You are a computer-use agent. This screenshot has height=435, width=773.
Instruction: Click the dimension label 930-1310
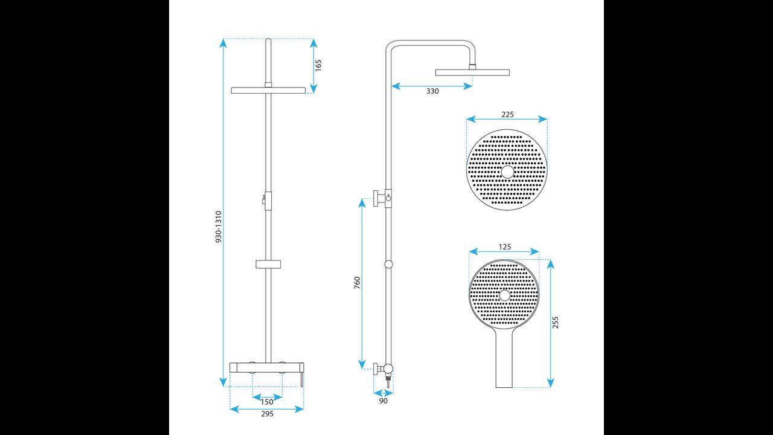(x=219, y=227)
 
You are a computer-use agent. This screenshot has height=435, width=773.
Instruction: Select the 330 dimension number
(x=432, y=91)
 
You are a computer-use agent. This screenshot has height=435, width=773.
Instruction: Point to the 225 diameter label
(x=507, y=115)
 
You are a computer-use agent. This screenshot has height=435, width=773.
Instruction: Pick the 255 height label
(x=556, y=322)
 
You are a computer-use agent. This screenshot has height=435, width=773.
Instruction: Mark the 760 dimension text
(x=357, y=283)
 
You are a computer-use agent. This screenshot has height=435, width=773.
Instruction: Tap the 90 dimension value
(x=383, y=401)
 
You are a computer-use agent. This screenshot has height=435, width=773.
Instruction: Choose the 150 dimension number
(x=267, y=402)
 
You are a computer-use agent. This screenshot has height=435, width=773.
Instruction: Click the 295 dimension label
(x=267, y=414)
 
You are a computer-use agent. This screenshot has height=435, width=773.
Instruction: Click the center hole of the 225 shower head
(x=507, y=172)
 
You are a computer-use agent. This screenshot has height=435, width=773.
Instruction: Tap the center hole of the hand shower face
(x=504, y=295)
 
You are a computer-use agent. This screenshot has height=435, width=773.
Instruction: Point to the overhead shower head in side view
(x=472, y=72)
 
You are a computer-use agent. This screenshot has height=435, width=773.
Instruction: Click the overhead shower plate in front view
(x=269, y=91)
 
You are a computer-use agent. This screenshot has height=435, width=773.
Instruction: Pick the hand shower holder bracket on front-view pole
(x=269, y=263)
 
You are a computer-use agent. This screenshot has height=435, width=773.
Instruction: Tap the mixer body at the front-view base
(x=266, y=367)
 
